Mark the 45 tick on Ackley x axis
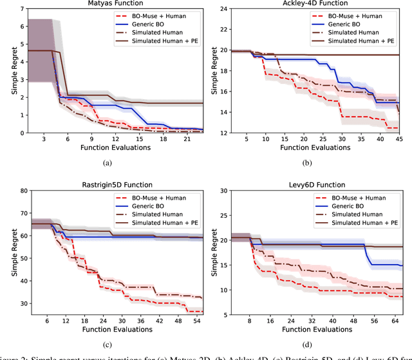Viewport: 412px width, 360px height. point(399,138)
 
